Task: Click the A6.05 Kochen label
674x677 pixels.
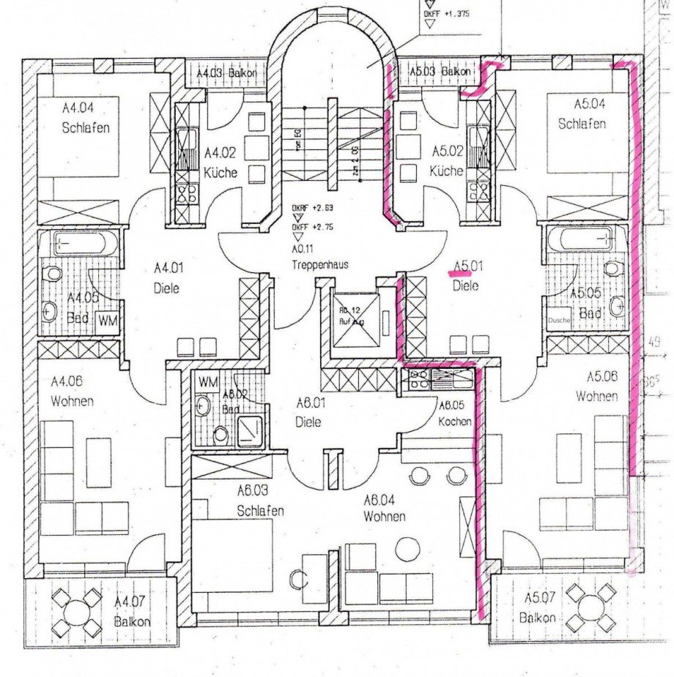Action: (454, 414)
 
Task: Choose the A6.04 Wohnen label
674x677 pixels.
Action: (383, 507)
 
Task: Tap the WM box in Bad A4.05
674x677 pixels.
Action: (108, 320)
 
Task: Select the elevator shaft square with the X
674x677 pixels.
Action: (355, 319)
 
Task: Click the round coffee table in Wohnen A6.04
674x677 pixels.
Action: (406, 547)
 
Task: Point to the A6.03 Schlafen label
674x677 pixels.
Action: (260, 501)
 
